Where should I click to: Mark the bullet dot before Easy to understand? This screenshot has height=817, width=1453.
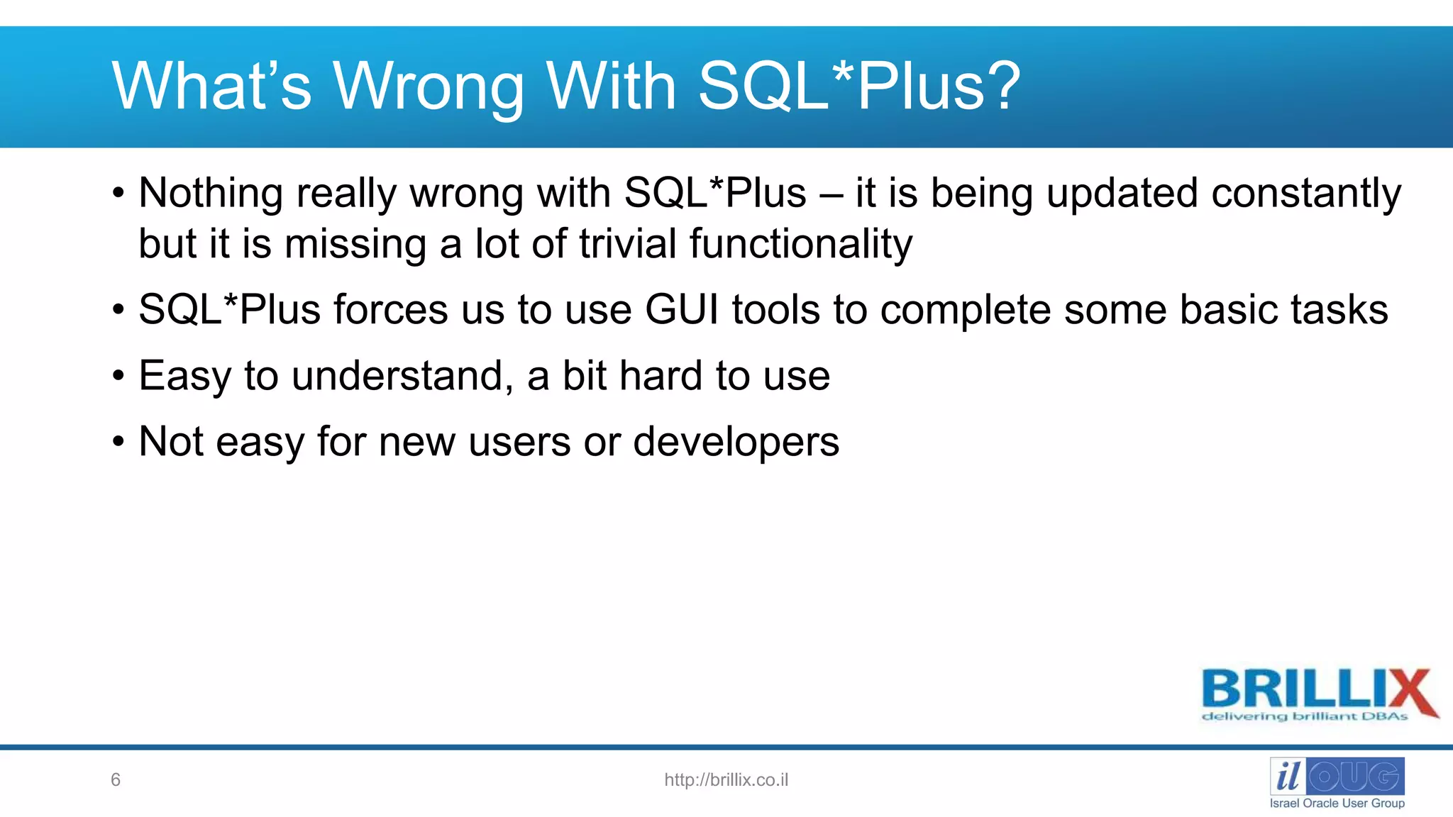[118, 377]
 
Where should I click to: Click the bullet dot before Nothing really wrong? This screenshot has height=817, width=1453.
[118, 194]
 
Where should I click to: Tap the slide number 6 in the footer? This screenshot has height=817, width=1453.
[116, 780]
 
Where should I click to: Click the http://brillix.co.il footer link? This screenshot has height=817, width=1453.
[726, 780]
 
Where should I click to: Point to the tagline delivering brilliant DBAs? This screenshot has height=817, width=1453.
[1304, 716]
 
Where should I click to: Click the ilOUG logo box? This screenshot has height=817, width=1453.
[1337, 776]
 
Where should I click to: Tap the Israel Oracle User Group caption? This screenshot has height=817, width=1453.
[1337, 804]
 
